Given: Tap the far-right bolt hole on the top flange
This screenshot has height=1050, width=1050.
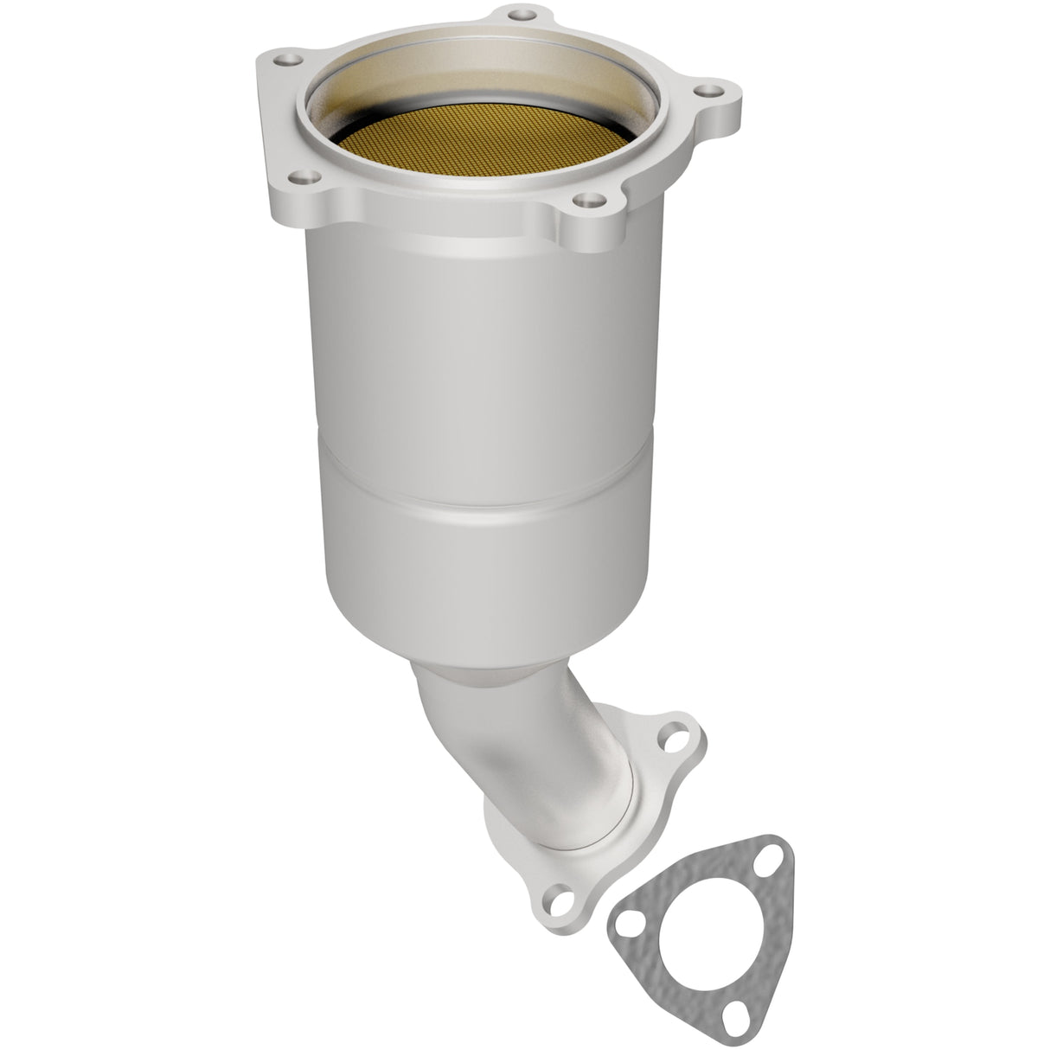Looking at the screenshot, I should (707, 89).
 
